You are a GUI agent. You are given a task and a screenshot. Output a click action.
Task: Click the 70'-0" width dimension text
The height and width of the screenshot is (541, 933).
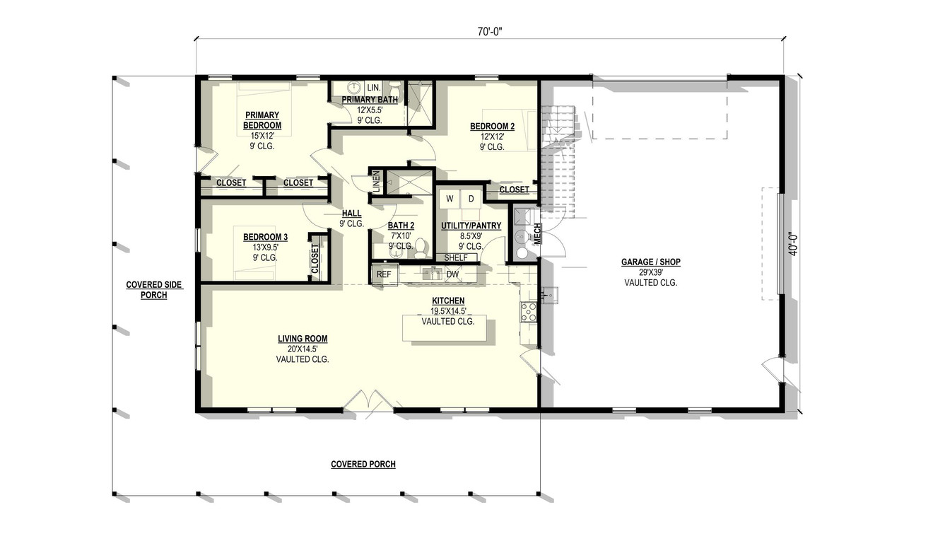click(489, 31)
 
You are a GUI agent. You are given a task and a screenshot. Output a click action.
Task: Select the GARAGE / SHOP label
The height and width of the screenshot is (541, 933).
click(650, 262)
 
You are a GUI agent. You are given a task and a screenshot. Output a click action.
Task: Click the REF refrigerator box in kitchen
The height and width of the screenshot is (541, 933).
click(384, 274)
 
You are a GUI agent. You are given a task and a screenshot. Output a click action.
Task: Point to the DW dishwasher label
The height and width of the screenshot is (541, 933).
click(452, 274)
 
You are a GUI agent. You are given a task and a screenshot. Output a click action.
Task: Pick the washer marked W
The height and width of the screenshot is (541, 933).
click(449, 199)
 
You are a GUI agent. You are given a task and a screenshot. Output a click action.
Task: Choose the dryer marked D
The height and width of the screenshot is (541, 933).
click(471, 199)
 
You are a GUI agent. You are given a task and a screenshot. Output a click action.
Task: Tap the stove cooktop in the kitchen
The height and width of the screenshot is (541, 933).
click(529, 311)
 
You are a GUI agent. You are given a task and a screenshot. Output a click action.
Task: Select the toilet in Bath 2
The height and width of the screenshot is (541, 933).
click(421, 247)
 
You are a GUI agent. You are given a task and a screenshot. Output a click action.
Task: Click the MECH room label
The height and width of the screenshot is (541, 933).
click(537, 233)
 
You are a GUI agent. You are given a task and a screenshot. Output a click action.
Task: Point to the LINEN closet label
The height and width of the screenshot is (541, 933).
click(377, 182)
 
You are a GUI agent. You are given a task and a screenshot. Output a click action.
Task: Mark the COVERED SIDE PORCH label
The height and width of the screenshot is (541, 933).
click(153, 290)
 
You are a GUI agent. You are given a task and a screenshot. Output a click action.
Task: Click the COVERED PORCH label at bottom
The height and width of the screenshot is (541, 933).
click(363, 465)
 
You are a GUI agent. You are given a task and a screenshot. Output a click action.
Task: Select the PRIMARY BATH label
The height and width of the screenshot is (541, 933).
click(370, 100)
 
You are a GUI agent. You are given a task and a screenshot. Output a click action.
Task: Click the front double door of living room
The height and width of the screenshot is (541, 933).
click(368, 402)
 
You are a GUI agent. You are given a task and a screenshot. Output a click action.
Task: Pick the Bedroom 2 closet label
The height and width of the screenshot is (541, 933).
click(514, 190)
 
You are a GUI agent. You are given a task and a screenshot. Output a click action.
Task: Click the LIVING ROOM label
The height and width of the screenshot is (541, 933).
click(303, 339)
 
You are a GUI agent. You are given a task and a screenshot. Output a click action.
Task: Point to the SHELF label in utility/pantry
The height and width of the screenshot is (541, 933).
click(456, 257)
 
